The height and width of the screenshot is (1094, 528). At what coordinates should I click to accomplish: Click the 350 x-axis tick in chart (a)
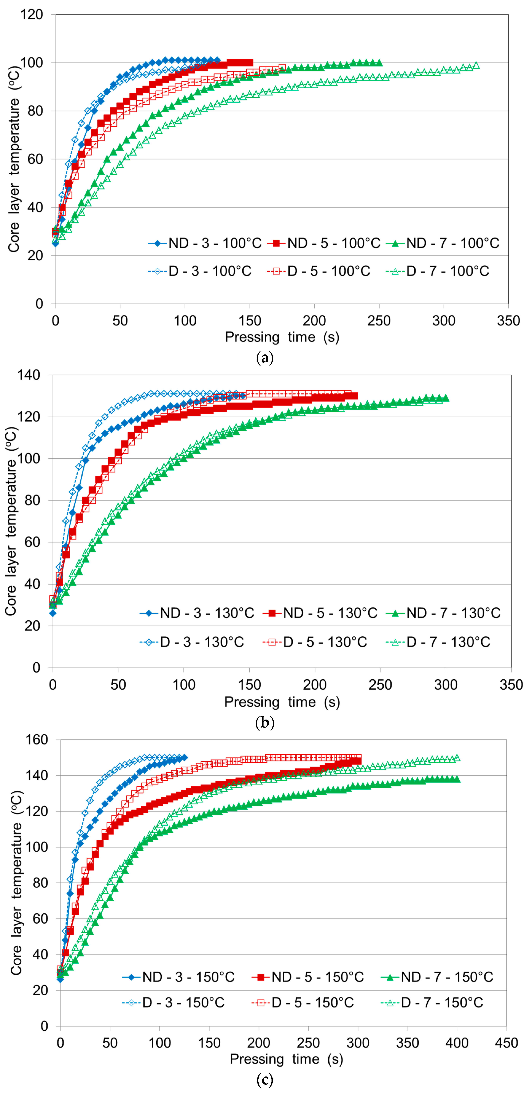[508, 321]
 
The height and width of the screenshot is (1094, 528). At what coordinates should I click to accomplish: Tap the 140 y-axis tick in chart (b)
[29, 375]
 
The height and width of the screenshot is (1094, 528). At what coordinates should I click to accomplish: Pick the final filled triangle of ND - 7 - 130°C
[446, 398]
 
